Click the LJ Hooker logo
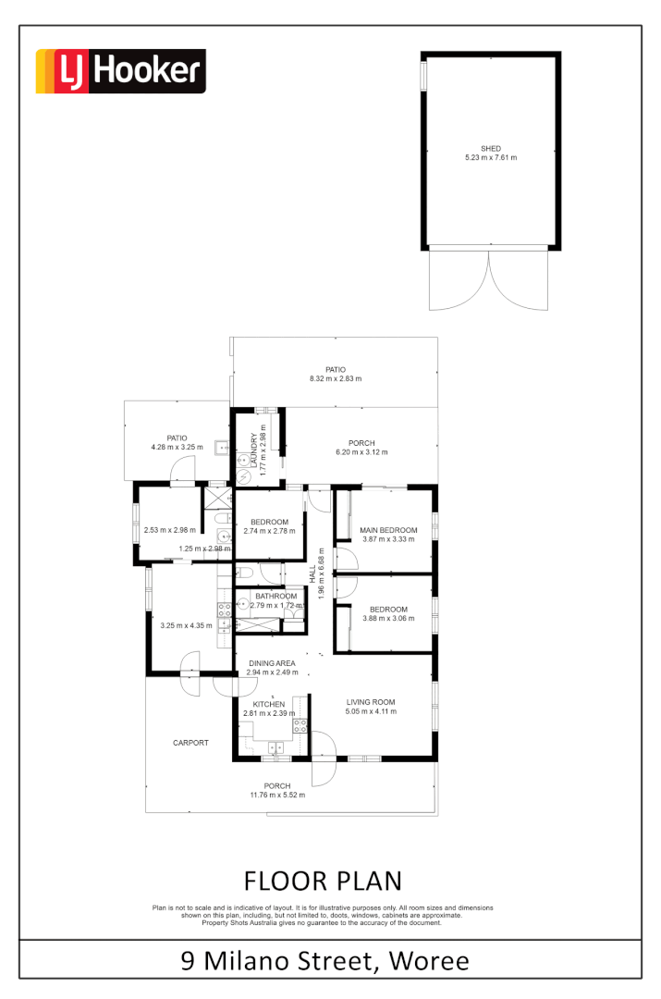tap(120, 72)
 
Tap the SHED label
tap(490, 148)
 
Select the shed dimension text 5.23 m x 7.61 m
tap(490, 158)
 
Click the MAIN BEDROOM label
tap(388, 530)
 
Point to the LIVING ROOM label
tap(371, 701)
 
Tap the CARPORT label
tap(190, 743)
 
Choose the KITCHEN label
tap(269, 704)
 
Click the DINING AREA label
tap(272, 662)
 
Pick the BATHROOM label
tap(276, 597)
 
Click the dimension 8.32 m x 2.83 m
tap(336, 378)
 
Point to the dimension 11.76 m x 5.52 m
tap(277, 795)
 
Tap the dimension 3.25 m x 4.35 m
tap(186, 625)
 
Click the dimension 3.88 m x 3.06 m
tap(388, 619)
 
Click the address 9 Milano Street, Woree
tap(325, 960)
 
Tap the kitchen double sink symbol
tap(275, 747)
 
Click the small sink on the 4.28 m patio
tap(223, 448)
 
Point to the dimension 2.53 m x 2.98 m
tap(170, 530)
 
